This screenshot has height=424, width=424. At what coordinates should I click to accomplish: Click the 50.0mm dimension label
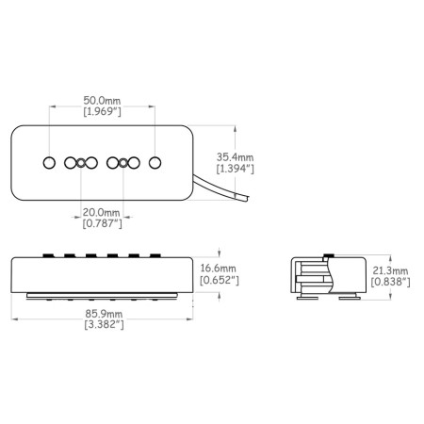click(102, 101)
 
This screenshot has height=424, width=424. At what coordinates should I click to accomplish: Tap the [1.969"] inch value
click(102, 111)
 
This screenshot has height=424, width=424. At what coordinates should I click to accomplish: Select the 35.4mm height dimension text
click(235, 157)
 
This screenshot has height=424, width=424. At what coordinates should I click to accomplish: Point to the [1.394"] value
click(235, 169)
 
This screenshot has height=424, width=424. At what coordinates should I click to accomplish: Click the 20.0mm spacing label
click(101, 212)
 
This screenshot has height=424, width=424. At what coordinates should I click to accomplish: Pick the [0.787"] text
click(102, 223)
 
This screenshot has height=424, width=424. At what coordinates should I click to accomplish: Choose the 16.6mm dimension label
click(218, 269)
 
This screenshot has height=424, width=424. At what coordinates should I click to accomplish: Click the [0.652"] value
click(220, 280)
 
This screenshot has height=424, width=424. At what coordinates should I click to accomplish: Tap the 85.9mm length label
click(104, 314)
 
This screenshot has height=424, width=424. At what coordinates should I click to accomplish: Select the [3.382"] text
click(104, 324)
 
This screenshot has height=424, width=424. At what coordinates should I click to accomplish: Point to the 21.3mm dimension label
click(390, 270)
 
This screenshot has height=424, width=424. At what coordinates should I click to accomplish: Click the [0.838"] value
click(390, 282)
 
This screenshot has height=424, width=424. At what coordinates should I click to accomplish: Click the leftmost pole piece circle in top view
click(49, 163)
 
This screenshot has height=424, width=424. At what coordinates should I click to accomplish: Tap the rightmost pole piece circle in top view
click(155, 163)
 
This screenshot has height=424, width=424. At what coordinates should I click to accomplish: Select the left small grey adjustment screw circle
click(81, 163)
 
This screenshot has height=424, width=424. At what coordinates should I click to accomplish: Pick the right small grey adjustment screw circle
click(123, 163)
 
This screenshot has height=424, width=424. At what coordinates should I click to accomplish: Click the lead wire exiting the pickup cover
click(220, 188)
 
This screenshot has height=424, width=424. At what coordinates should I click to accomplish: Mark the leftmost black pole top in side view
click(48, 255)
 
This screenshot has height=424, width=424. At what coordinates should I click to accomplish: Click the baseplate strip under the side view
click(103, 296)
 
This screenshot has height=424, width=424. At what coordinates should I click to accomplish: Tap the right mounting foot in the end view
click(350, 297)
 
